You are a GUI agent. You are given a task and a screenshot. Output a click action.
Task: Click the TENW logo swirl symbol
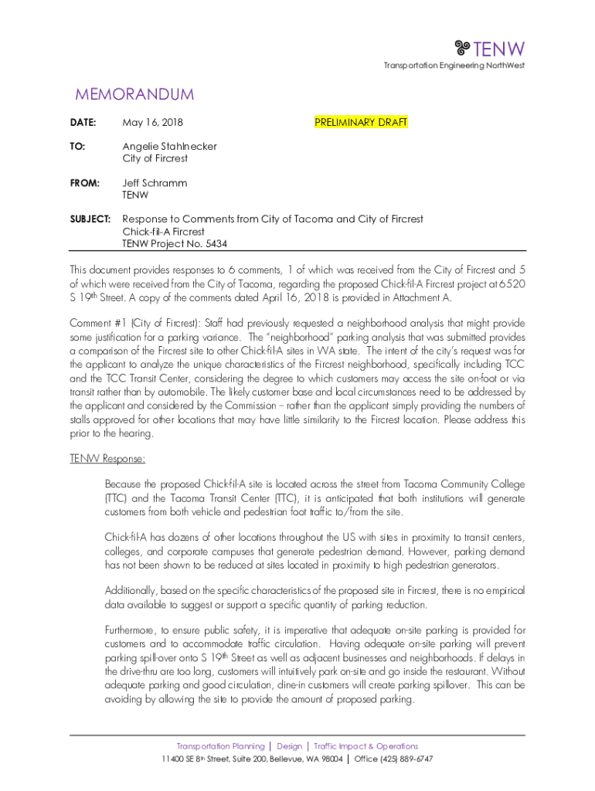coord(463,49)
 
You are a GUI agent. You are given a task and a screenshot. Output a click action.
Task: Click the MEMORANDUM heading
coord(134,95)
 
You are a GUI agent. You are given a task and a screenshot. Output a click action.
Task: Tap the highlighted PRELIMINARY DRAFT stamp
coord(361,122)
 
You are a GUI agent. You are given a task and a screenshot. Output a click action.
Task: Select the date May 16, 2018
coord(153,122)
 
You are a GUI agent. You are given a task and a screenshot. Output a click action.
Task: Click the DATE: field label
coord(83,122)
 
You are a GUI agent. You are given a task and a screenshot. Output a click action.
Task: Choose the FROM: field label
coord(85,183)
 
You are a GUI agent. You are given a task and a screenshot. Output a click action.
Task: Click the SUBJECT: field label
coord(90,219)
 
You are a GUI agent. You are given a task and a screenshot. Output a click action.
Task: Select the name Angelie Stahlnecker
coord(169,146)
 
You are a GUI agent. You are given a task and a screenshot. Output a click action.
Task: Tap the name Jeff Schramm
coord(155,183)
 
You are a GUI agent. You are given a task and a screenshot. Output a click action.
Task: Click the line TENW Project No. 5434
coord(175,243)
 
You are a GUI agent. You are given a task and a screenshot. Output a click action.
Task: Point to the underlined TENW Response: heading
coord(107,459)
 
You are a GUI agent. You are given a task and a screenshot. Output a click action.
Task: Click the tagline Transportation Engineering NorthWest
coord(454,66)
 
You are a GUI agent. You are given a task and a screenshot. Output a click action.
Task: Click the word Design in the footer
coord(290,746)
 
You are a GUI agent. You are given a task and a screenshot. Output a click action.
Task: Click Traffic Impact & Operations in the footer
coord(365,746)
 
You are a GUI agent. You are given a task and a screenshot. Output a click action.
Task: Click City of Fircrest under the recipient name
coord(155,158)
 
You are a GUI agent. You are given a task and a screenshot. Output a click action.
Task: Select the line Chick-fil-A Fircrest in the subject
coord(163,232)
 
